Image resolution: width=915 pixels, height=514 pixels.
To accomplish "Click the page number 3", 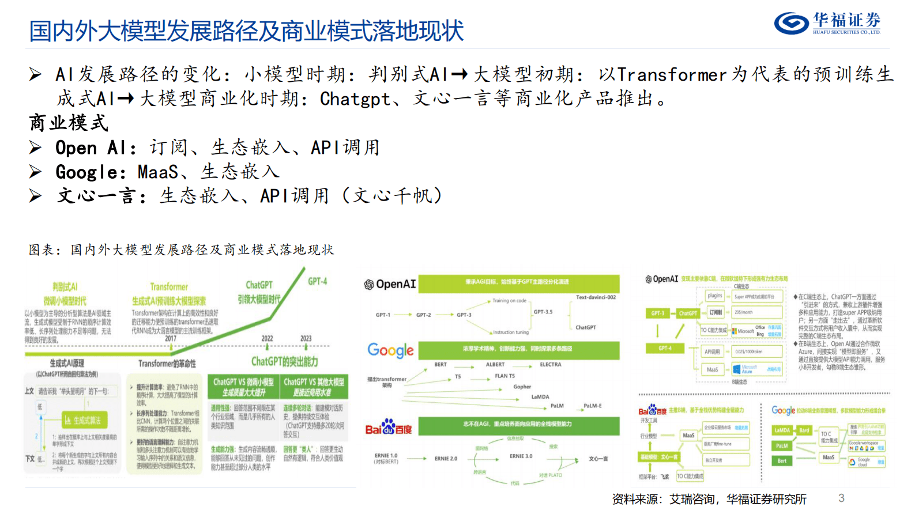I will [x=841, y=498].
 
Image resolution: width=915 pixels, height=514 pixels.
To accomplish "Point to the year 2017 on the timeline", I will [x=171, y=338].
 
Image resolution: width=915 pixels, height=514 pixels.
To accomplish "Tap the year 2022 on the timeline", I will [x=267, y=338].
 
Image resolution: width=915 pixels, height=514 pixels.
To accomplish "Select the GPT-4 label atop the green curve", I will [x=317, y=281].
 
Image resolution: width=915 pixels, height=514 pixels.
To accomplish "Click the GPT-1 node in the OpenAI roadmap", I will [x=383, y=315].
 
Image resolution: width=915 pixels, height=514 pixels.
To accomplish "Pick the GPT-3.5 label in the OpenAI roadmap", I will [x=543, y=312].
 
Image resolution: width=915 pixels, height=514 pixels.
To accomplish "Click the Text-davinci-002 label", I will [x=596, y=297].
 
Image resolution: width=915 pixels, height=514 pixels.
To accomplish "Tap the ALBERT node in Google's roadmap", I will [x=495, y=364].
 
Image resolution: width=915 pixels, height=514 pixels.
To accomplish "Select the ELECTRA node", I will [x=550, y=364].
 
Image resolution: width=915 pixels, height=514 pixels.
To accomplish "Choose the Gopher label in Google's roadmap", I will [x=522, y=387].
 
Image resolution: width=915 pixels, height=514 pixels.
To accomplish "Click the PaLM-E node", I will [x=592, y=406].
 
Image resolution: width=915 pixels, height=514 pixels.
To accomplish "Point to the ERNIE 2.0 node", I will [x=446, y=459].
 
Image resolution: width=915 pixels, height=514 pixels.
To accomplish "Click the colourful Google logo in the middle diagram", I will [x=390, y=350].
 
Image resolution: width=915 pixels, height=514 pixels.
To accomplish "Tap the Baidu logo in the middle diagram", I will [x=389, y=428].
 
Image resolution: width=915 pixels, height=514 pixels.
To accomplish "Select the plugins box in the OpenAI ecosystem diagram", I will [x=714, y=296].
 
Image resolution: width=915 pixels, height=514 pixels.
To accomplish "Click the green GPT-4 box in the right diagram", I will [x=665, y=348].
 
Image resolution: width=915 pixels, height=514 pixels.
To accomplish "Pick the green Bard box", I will [x=804, y=430].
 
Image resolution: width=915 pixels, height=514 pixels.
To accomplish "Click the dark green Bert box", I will [x=782, y=460].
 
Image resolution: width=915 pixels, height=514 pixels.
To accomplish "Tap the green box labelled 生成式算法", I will [x=84, y=420].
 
